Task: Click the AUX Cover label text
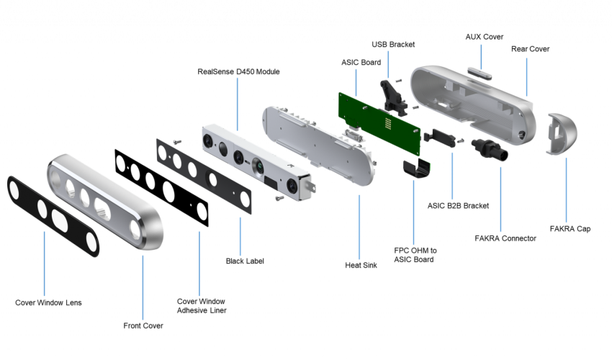(x=484, y=37)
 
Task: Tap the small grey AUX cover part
(x=480, y=73)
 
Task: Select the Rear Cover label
(x=530, y=49)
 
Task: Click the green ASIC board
(x=379, y=123)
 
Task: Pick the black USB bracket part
(x=394, y=98)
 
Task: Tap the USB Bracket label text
(x=393, y=45)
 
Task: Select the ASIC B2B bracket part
(x=440, y=138)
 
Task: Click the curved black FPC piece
(x=417, y=168)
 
